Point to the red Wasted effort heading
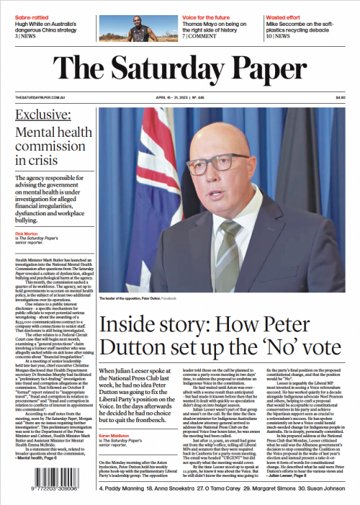click(288, 6)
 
